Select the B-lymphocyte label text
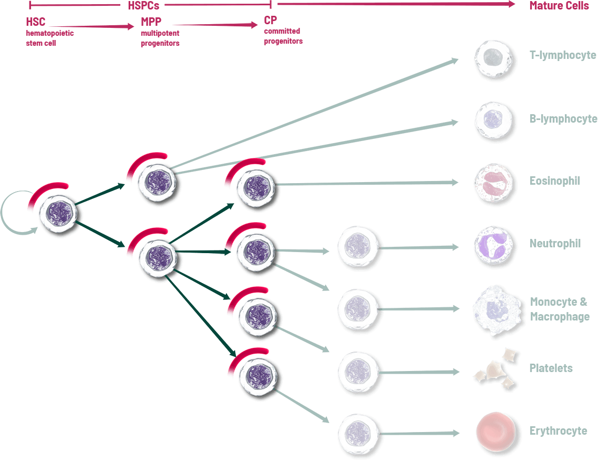pos(563,119)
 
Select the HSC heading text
pos(36,23)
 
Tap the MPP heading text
pos(151,23)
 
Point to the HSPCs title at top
pos(143,6)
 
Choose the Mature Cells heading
pos(559,6)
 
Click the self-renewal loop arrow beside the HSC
pos(12,213)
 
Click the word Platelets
pos(551,368)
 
